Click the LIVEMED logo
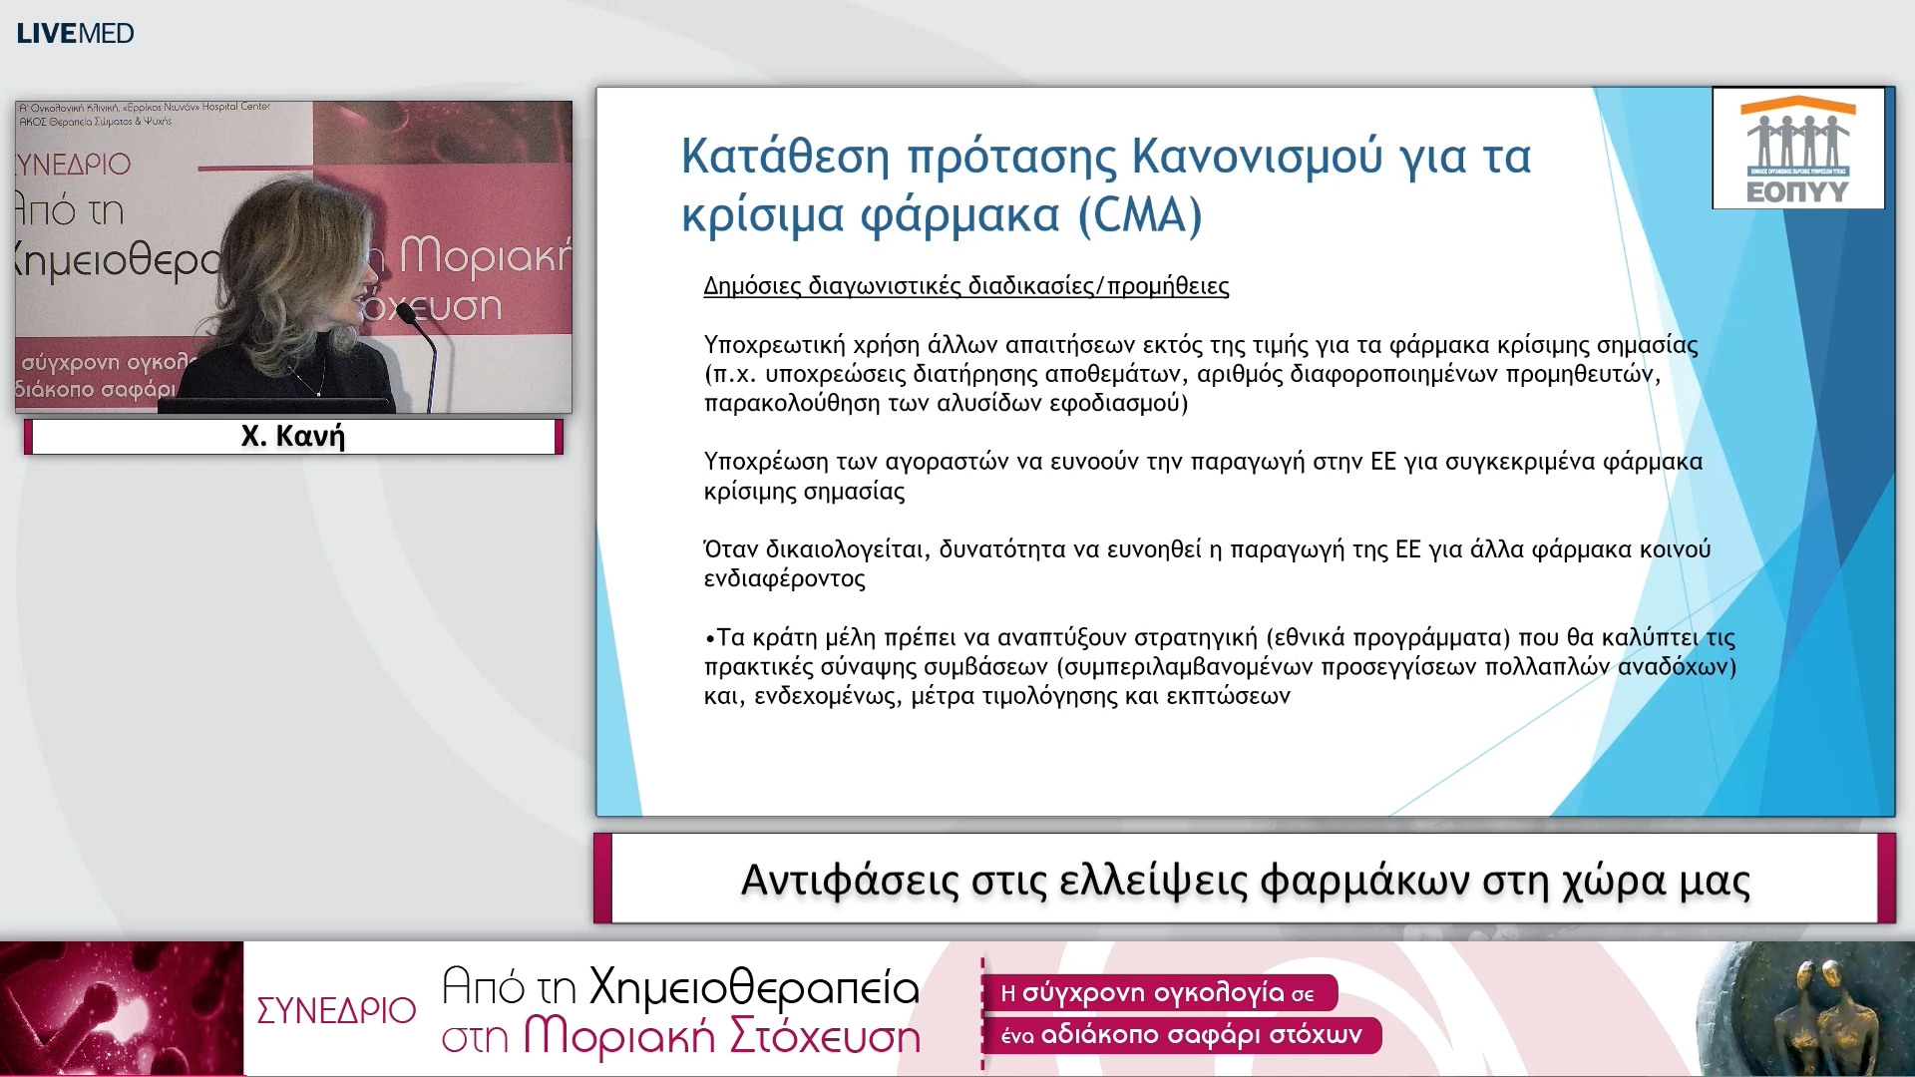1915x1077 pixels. (75, 33)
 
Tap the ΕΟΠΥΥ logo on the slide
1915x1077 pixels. (1797, 150)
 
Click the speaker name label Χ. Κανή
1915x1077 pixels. (293, 437)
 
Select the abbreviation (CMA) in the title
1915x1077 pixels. (1140, 215)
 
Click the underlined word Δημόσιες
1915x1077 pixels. (752, 286)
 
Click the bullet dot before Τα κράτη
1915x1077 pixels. (709, 639)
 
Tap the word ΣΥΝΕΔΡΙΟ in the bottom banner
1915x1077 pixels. (336, 1010)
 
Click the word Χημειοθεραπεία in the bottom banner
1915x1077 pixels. (754, 987)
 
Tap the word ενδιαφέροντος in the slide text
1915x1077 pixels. (784, 579)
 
